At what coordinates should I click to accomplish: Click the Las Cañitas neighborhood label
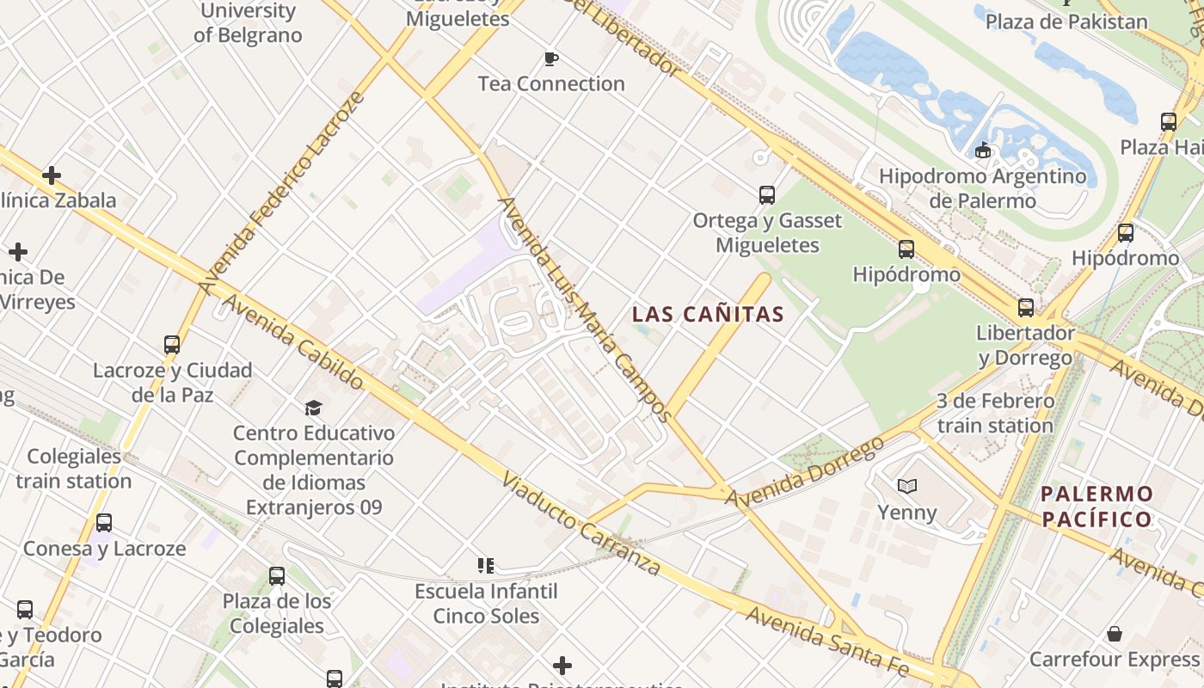click(708, 315)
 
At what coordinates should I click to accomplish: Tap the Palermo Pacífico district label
click(1096, 507)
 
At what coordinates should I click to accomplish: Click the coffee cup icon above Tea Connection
click(551, 58)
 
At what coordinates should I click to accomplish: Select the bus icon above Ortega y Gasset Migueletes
click(766, 195)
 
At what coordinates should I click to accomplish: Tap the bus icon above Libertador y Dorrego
click(1025, 308)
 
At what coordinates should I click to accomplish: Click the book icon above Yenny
click(906, 487)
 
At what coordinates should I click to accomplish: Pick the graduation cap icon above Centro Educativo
click(313, 408)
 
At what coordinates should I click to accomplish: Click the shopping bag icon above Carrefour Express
click(1114, 635)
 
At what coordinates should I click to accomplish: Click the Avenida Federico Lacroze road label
click(281, 192)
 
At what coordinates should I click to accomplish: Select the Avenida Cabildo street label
click(292, 342)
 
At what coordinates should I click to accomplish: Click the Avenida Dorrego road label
click(804, 472)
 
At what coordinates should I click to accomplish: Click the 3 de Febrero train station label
click(995, 414)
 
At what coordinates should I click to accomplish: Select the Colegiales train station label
click(74, 469)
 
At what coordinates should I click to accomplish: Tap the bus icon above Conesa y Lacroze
click(104, 523)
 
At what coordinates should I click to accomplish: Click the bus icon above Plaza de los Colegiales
click(276, 576)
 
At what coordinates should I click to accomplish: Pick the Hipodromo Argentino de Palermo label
click(982, 188)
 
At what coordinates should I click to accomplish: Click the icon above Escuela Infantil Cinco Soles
click(486, 566)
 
